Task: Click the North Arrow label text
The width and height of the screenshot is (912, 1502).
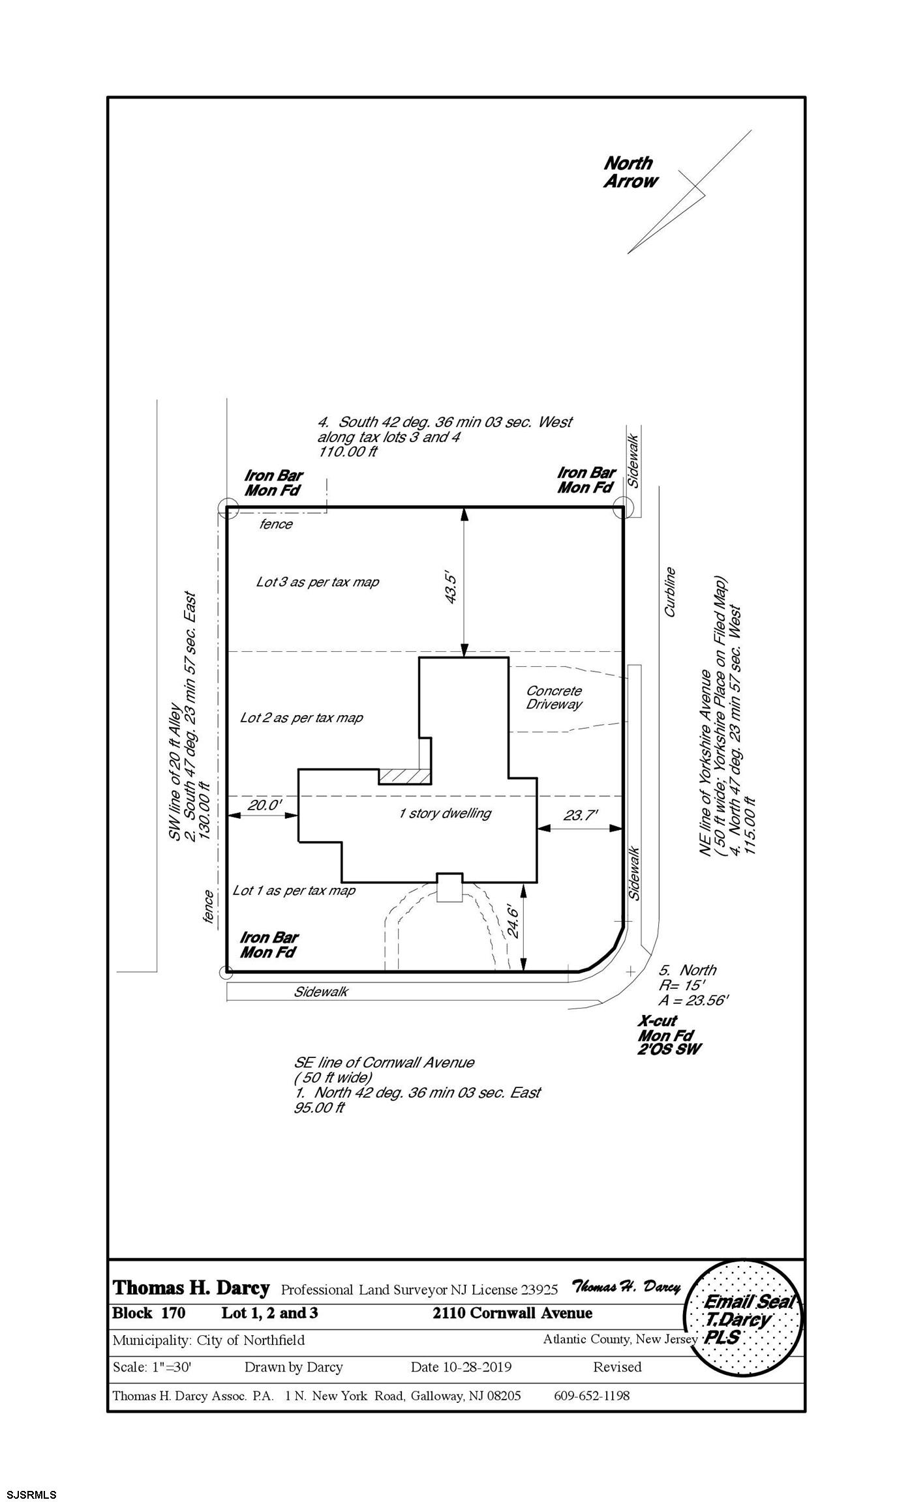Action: tap(630, 172)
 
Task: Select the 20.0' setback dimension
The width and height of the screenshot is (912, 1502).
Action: tap(264, 805)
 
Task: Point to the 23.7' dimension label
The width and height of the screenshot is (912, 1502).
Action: tap(579, 816)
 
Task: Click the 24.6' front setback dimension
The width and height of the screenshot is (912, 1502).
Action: tap(515, 920)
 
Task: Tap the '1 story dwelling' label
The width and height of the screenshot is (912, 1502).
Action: tap(445, 813)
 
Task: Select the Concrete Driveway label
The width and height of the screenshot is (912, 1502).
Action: tap(554, 698)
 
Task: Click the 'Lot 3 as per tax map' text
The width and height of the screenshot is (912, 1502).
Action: tap(318, 582)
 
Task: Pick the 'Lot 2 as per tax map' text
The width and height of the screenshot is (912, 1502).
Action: tap(301, 718)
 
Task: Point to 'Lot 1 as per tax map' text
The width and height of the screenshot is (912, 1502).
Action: tap(294, 891)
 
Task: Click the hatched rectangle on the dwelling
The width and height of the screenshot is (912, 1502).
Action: tap(404, 776)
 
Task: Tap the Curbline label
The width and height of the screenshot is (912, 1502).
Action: tap(670, 592)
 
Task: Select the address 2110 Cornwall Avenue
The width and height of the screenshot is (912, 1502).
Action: tap(513, 1313)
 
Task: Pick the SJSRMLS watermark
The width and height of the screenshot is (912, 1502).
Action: tap(29, 1489)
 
